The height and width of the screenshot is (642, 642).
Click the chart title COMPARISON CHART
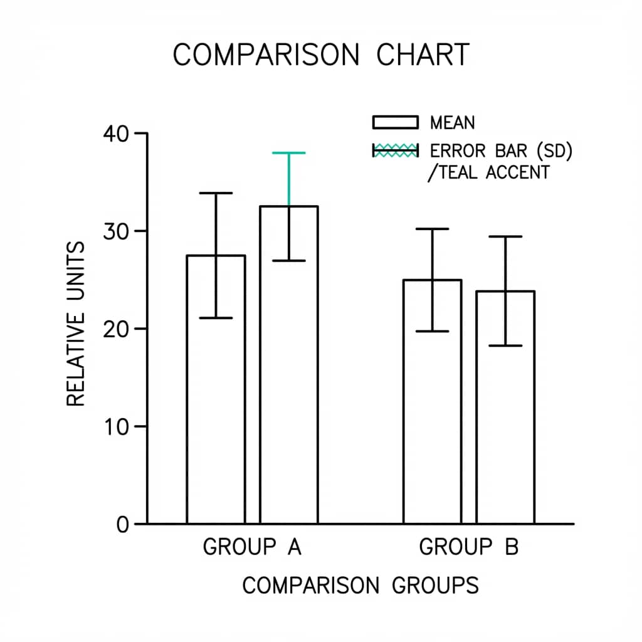[x=320, y=55]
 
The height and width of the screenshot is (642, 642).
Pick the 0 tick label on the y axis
[x=122, y=524]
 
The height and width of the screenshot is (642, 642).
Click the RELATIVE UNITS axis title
[x=75, y=324]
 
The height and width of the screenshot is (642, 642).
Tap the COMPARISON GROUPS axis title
[x=360, y=586]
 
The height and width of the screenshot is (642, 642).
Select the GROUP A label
[x=252, y=547]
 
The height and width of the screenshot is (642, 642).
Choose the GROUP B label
[x=468, y=547]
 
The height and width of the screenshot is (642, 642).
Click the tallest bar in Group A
[x=289, y=376]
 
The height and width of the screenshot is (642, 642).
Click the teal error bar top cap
[x=289, y=153]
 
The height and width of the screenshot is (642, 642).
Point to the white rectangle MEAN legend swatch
[x=395, y=122]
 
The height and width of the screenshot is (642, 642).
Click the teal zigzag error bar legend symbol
[x=395, y=150]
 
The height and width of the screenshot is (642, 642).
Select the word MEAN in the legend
[x=452, y=122]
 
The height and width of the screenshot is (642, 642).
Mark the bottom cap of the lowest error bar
[x=505, y=345]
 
